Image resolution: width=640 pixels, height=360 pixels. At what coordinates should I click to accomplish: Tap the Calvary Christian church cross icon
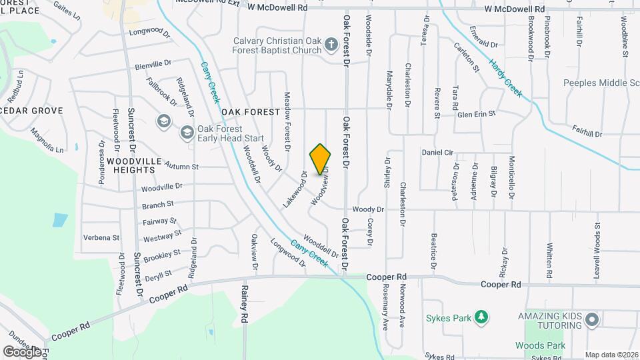point(331,46)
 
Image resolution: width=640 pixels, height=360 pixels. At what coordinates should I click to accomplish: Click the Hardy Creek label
point(505,78)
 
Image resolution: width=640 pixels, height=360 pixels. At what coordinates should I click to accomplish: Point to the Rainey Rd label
point(245,304)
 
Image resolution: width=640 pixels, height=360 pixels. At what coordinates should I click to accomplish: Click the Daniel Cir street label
point(437,153)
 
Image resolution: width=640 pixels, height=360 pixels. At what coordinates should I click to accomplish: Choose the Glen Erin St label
point(477,114)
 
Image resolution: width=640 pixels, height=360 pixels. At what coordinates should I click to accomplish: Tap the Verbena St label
point(101,237)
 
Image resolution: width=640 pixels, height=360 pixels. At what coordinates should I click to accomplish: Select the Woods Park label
point(540,345)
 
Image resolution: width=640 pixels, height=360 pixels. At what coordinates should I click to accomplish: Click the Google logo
point(22,351)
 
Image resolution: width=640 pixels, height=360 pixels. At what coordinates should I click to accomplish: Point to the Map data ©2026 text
point(611,355)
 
